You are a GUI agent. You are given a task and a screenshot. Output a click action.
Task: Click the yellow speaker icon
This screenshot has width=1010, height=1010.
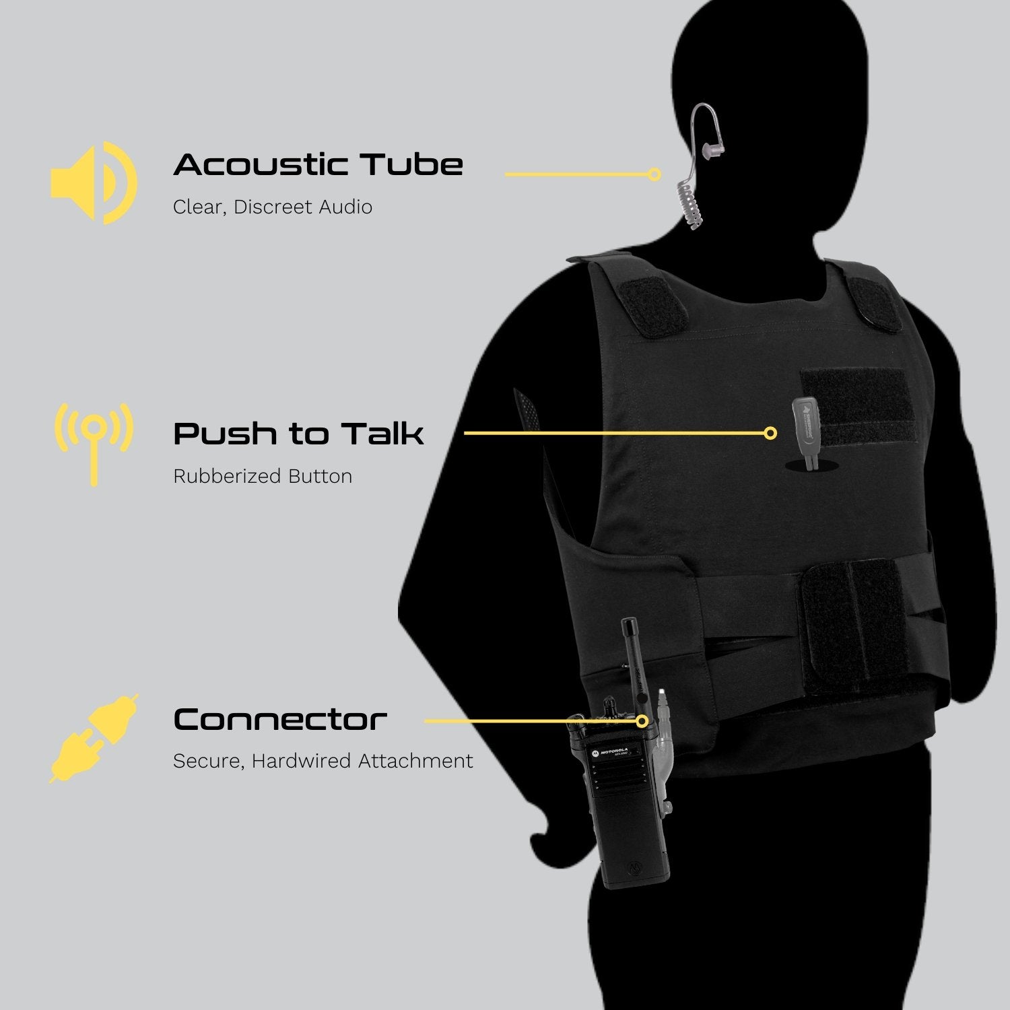click(x=94, y=182)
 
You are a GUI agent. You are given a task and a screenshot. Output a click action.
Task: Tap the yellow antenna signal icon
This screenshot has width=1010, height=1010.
click(x=94, y=441)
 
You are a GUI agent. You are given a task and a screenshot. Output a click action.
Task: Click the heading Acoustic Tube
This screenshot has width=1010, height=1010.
click(x=318, y=165)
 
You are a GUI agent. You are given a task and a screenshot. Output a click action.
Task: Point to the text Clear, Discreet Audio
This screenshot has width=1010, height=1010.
click(x=272, y=207)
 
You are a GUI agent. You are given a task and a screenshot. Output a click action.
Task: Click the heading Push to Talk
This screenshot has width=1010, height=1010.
click(x=298, y=434)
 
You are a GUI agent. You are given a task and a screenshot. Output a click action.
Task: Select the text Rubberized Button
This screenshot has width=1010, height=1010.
click(x=262, y=476)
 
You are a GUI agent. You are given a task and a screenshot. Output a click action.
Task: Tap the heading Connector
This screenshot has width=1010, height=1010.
click(x=280, y=720)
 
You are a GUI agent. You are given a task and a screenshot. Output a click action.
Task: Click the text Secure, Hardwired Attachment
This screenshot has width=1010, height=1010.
click(x=323, y=761)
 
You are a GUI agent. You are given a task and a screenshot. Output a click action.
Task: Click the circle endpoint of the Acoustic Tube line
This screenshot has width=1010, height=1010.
click(x=654, y=174)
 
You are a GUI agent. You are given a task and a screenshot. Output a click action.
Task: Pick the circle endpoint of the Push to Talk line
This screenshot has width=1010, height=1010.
click(x=771, y=433)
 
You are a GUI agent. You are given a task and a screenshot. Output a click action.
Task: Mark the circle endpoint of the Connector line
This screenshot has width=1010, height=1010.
click(x=642, y=721)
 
